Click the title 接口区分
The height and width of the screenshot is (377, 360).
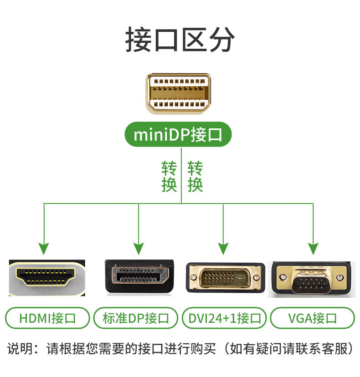pyautogui.click(x=180, y=40)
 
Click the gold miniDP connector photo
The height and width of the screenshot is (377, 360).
pyautogui.click(x=179, y=94)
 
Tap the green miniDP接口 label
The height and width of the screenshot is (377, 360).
pyautogui.click(x=178, y=135)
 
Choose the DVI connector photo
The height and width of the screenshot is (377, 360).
pyautogui.click(x=225, y=278)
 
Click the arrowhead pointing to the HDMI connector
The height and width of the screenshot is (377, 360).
pyautogui.click(x=44, y=249)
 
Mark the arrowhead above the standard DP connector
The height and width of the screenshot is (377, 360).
pyautogui.click(x=139, y=249)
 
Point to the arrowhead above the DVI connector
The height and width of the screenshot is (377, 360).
pyautogui.click(x=223, y=249)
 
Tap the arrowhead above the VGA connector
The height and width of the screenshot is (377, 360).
pyautogui.click(x=313, y=249)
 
